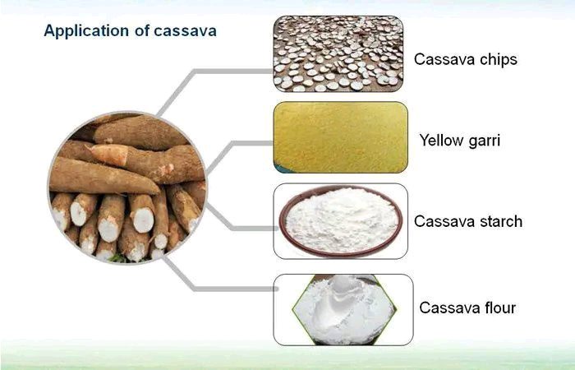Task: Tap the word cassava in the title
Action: pyautogui.click(x=185, y=31)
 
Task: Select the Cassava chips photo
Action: pyautogui.click(x=338, y=53)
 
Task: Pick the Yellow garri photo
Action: pyautogui.click(x=341, y=137)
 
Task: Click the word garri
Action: pyautogui.click(x=483, y=141)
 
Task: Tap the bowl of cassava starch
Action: pyautogui.click(x=341, y=220)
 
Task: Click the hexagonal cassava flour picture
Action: pyautogui.click(x=343, y=309)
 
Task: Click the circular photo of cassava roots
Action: pyautogui.click(x=127, y=187)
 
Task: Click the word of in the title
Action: pyautogui.click(x=141, y=31)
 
